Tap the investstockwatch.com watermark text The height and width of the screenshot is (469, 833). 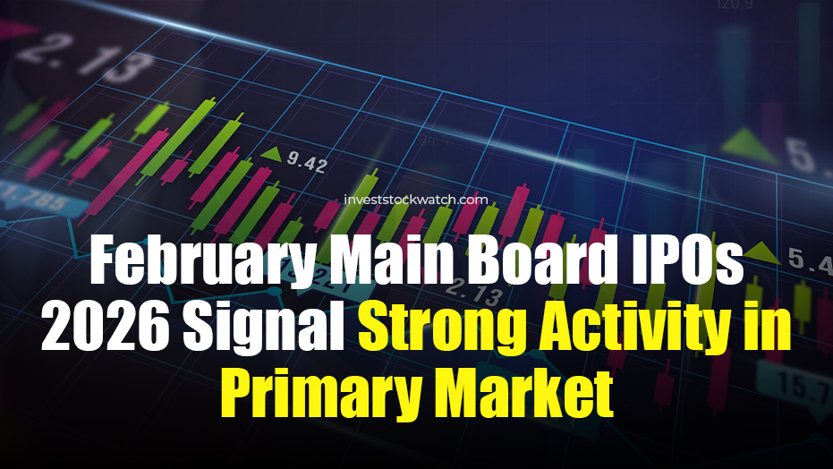coord(416,200)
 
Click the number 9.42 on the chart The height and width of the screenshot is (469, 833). coord(307,163)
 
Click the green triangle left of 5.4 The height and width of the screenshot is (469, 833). coord(761,251)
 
